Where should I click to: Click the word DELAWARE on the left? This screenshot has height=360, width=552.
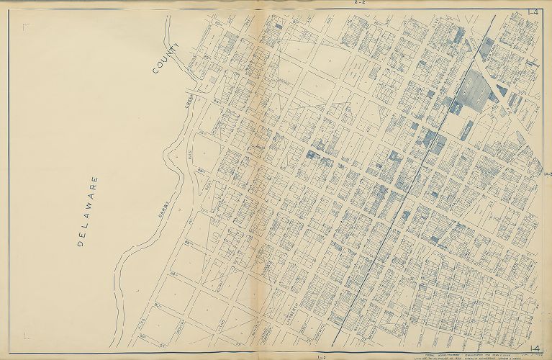click(89, 211)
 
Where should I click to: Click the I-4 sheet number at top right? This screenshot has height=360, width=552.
click(533, 12)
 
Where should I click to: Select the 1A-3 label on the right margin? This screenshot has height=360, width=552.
click(548, 174)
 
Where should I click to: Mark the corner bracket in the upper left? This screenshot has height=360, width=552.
click(26, 27)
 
